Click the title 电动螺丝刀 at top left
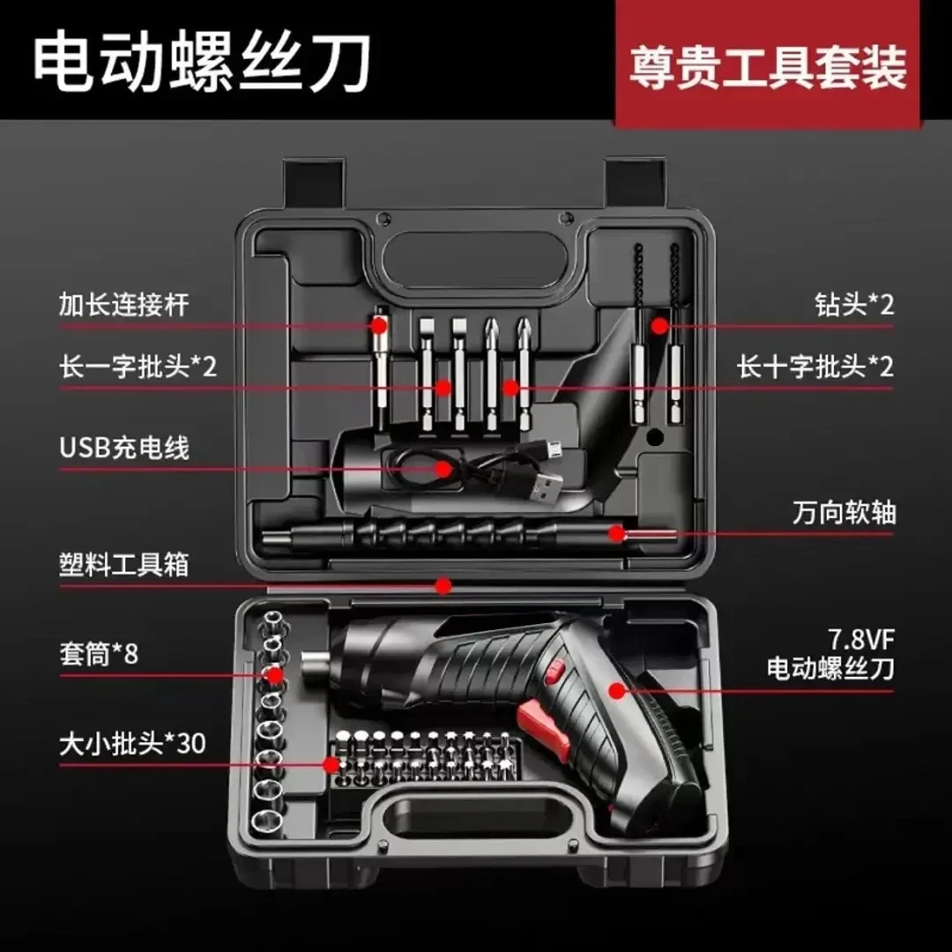(x=201, y=63)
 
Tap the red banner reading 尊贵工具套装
(x=767, y=67)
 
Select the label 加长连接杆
(x=124, y=305)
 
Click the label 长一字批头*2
(x=138, y=367)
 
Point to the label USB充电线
(x=124, y=447)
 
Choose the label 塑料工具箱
(x=124, y=564)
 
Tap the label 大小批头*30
(x=132, y=743)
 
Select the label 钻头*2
(x=853, y=305)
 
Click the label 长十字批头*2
(x=815, y=367)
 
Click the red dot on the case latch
(x=443, y=585)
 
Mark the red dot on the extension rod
(x=379, y=324)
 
